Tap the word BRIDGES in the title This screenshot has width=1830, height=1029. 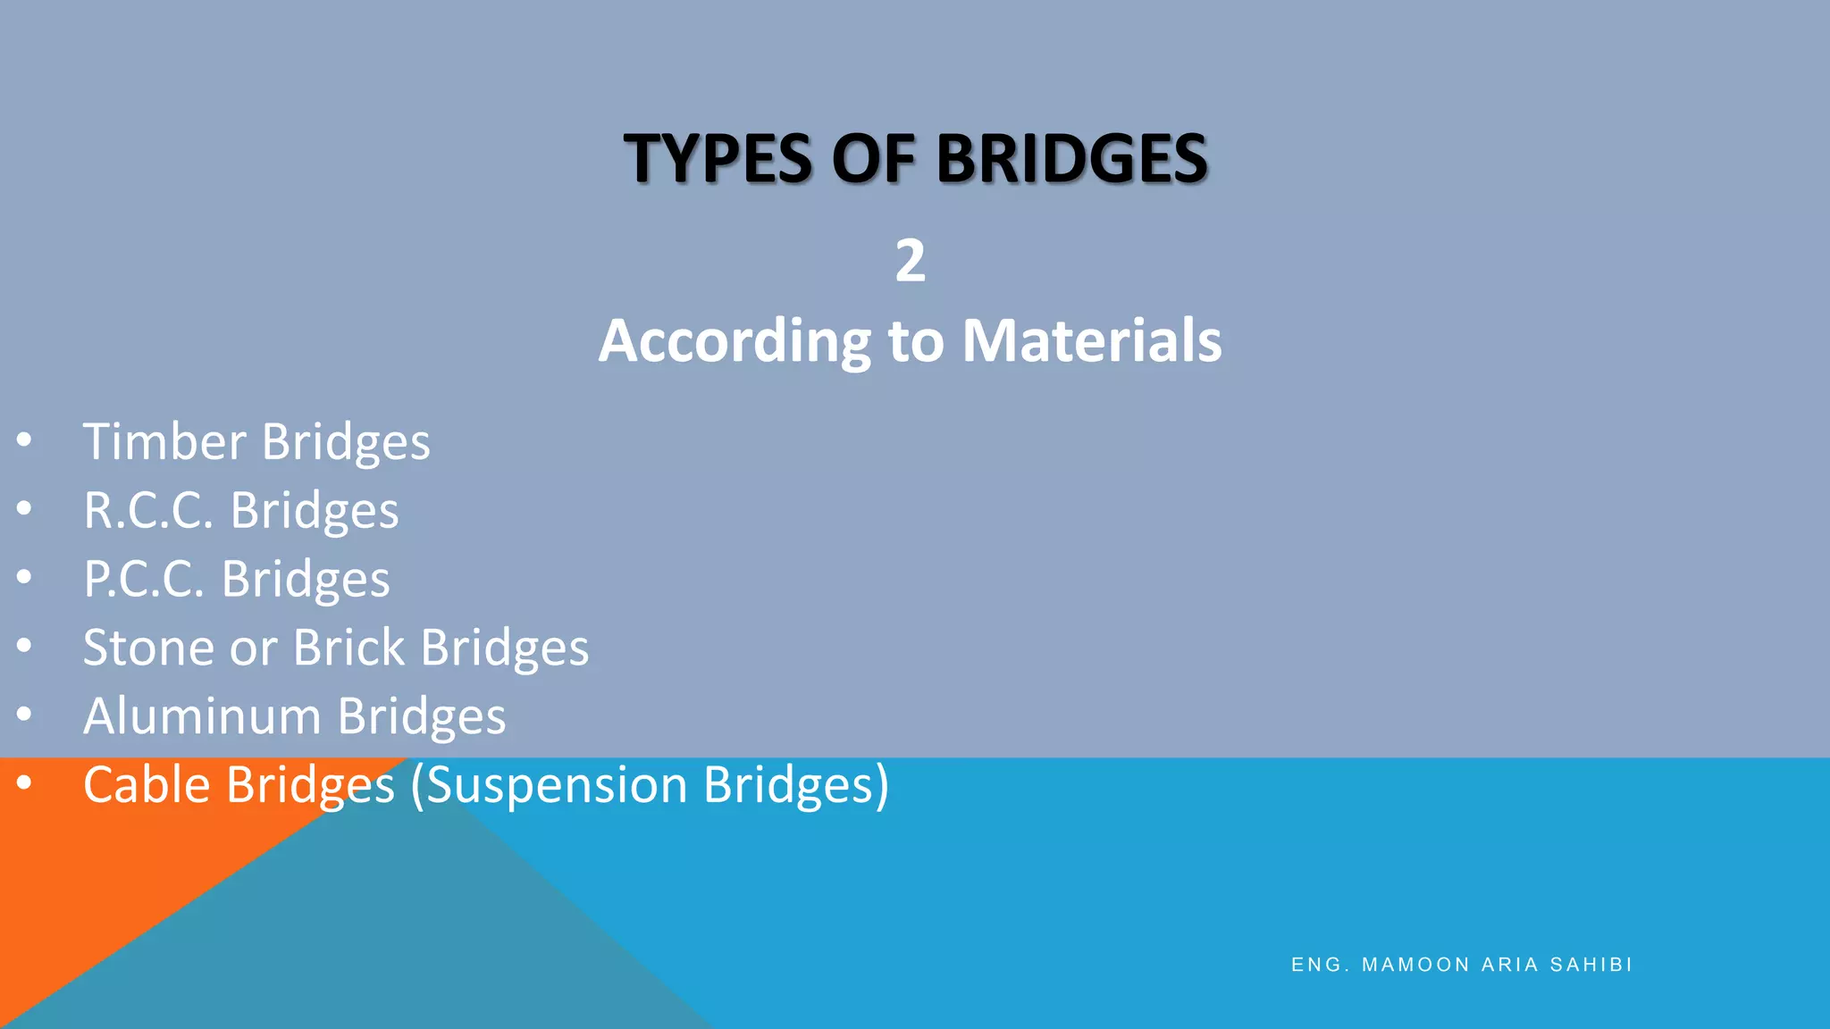[x=1071, y=159]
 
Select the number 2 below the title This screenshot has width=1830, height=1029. [x=911, y=261]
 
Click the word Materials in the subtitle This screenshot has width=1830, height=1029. [x=1091, y=341]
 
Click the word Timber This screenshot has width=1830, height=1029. [x=164, y=442]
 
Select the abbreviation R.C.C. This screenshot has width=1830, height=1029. [x=148, y=511]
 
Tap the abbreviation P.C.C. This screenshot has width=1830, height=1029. [x=144, y=580]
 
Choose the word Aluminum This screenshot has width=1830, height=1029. [x=202, y=716]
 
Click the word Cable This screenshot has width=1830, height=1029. [x=147, y=785]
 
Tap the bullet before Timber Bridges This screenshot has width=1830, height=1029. [x=24, y=440]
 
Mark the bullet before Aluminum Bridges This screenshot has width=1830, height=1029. [x=24, y=715]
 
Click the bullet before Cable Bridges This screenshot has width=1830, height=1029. [x=24, y=783]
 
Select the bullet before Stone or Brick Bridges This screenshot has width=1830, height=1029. [x=24, y=646]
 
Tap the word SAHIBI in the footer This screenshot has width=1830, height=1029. [x=1591, y=965]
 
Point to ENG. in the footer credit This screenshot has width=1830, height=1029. [x=1320, y=965]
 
